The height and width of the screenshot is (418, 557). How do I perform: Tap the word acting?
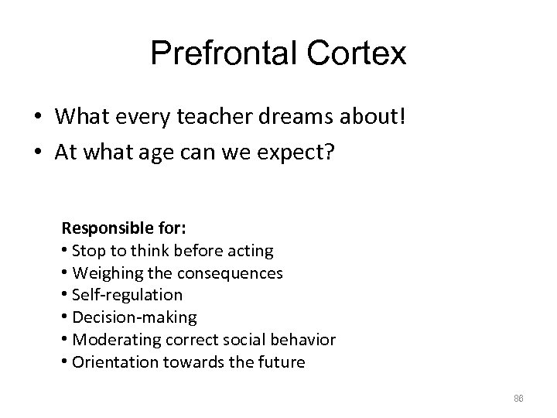coord(249,251)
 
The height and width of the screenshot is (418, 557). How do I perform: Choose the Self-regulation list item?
coord(126,295)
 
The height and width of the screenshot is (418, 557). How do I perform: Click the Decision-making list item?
coord(133,317)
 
